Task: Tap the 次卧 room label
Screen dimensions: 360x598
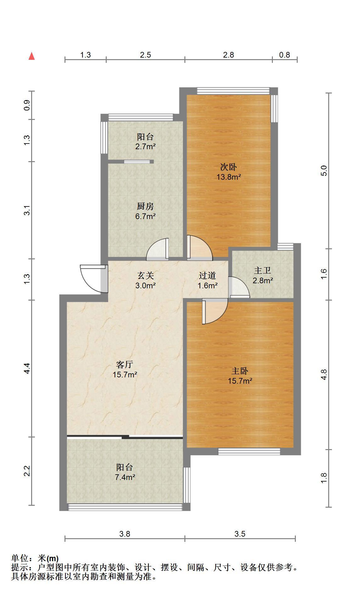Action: (x=228, y=167)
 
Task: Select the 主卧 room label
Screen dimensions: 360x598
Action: (x=240, y=371)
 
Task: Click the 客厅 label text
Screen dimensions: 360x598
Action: (x=125, y=364)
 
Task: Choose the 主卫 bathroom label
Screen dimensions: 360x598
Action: (x=262, y=270)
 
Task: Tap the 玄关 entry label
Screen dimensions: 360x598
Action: (x=146, y=275)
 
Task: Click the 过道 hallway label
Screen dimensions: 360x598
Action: (x=207, y=275)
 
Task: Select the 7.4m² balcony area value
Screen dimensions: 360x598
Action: (x=125, y=477)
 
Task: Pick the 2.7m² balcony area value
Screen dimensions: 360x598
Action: (x=146, y=146)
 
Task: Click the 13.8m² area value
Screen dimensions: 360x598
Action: (x=228, y=177)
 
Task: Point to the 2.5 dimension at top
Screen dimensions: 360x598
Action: (x=145, y=55)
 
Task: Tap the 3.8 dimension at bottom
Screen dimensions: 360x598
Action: (x=125, y=534)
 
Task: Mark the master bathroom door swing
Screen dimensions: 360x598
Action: (x=239, y=287)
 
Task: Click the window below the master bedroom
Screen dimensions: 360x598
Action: (x=249, y=452)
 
